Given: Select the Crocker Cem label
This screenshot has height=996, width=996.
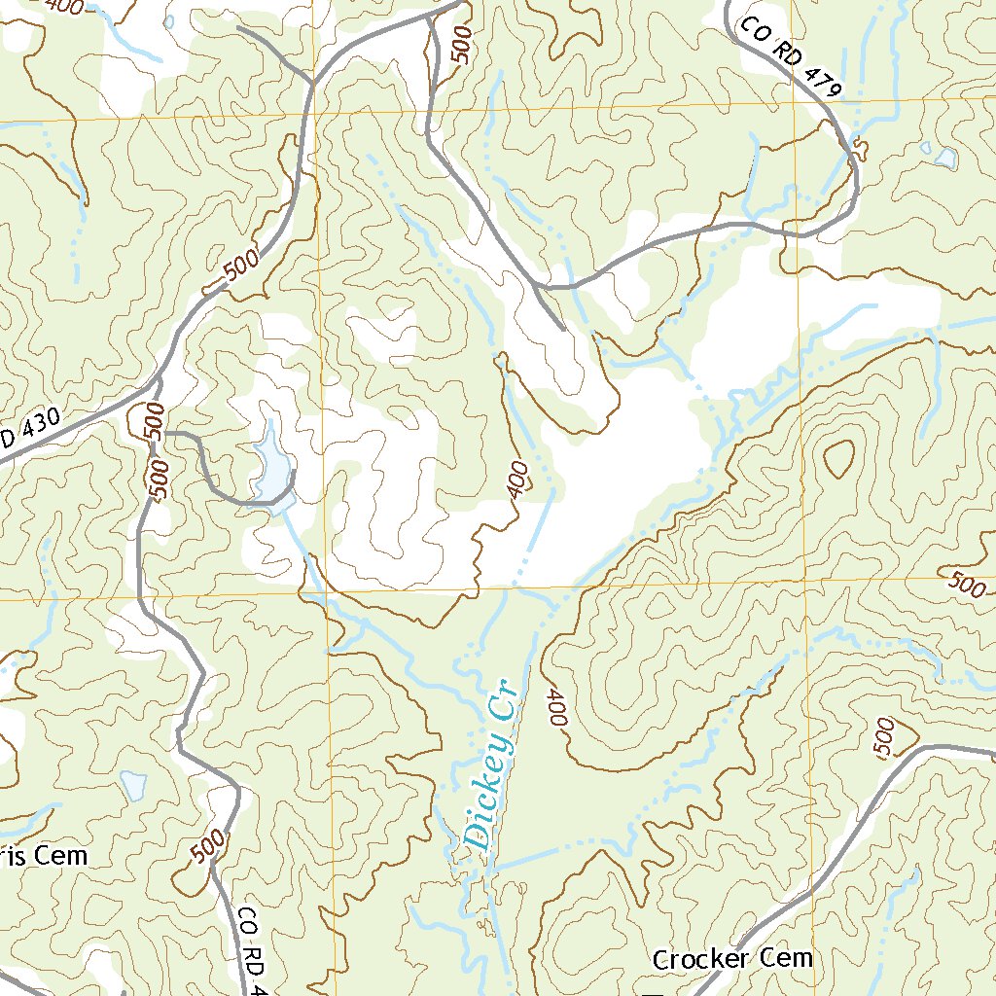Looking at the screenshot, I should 731,959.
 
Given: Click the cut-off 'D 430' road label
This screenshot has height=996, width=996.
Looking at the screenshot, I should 29,431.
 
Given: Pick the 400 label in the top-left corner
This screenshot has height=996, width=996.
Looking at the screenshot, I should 63,6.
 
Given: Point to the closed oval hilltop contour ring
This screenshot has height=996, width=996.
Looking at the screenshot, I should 838,457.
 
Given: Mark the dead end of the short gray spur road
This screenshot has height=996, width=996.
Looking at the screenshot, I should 564,330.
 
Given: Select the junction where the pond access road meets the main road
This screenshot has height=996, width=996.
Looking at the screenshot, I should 163,432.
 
